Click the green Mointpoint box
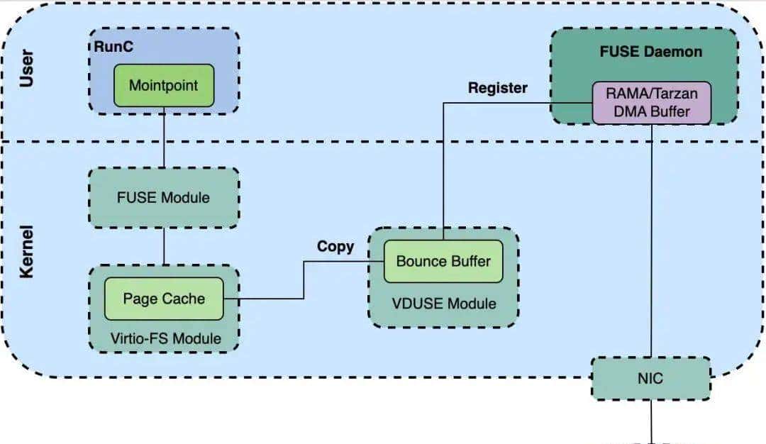click(164, 85)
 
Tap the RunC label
click(114, 48)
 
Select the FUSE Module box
click(164, 197)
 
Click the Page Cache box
click(164, 299)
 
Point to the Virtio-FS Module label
click(165, 338)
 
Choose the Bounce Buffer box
click(443, 261)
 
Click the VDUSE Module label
click(444, 303)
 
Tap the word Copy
click(335, 246)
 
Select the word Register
click(498, 88)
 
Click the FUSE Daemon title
click(650, 52)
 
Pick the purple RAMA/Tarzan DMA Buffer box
click(651, 102)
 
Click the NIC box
click(650, 378)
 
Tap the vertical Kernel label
click(27, 252)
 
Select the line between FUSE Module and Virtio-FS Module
click(164, 246)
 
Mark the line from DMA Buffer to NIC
click(651, 241)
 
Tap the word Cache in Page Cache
click(186, 299)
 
